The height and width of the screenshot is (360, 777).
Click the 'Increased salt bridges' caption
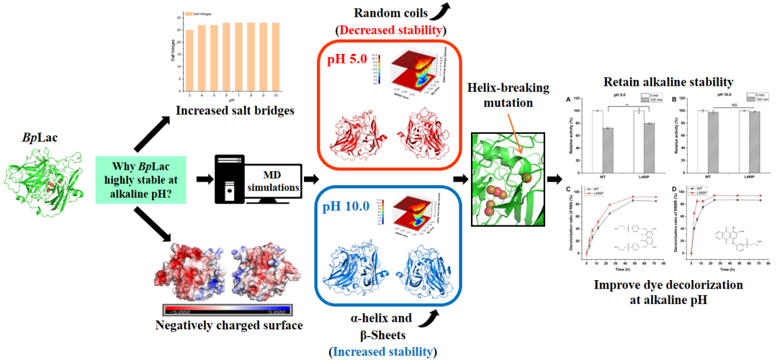point(235,111)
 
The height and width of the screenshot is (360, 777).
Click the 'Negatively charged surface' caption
point(229,324)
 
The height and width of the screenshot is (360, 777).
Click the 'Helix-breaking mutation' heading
point(508,96)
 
